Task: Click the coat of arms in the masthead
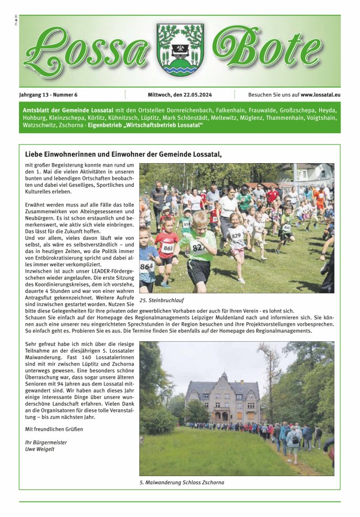(180, 50)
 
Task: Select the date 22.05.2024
(199, 95)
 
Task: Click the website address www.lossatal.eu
(320, 95)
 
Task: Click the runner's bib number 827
(198, 247)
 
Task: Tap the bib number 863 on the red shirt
(167, 248)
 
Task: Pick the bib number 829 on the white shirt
(236, 235)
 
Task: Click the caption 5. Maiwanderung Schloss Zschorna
(181, 482)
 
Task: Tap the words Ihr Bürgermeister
(46, 442)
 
